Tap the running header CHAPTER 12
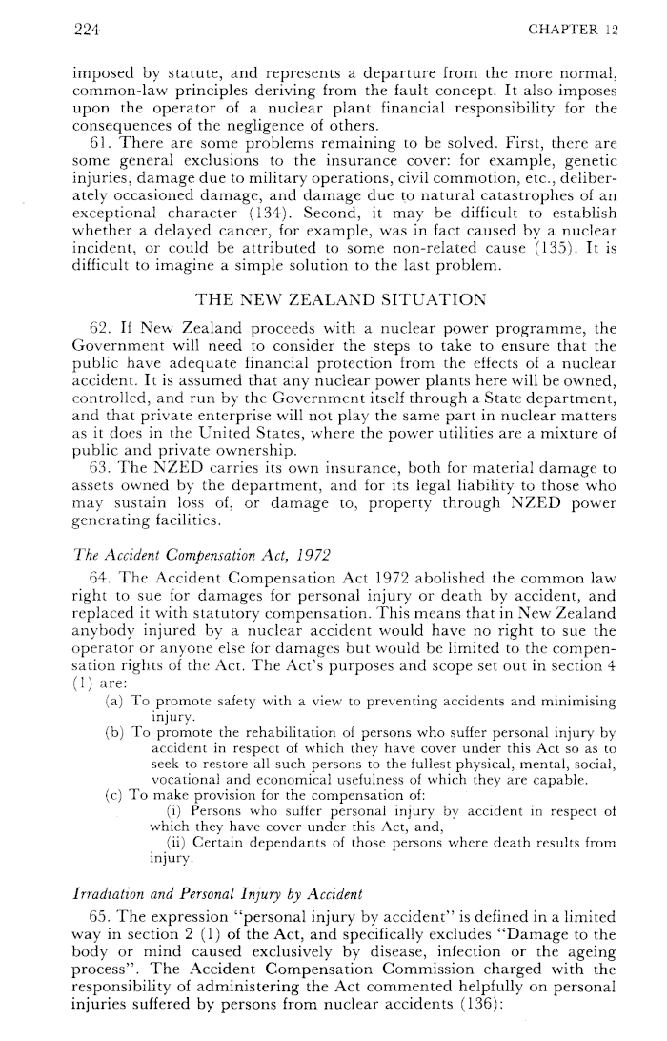573,30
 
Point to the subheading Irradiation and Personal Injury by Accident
216,894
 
